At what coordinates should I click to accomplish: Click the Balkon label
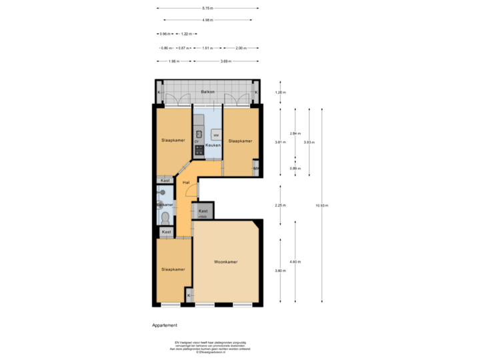coord(207,91)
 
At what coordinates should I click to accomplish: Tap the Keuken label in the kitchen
coord(213,145)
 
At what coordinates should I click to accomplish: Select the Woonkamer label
coord(225,262)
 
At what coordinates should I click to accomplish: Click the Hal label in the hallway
coord(187,182)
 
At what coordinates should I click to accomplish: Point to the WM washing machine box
coord(215,135)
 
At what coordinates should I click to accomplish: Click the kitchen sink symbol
coord(199,132)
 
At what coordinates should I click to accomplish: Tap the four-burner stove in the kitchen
coord(198,151)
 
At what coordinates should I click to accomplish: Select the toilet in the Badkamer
coord(164,217)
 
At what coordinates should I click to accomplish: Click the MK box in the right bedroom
coord(256,169)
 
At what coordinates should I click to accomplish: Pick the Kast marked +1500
coord(203,213)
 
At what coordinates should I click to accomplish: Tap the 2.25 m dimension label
coord(280,205)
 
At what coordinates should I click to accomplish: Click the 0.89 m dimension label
coord(294,168)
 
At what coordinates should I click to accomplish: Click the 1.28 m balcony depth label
coord(280,93)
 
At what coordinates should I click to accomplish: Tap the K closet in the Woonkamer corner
coord(189,295)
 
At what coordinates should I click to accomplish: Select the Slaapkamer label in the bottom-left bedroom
coord(173,269)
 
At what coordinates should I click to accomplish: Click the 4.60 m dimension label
coord(294,261)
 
